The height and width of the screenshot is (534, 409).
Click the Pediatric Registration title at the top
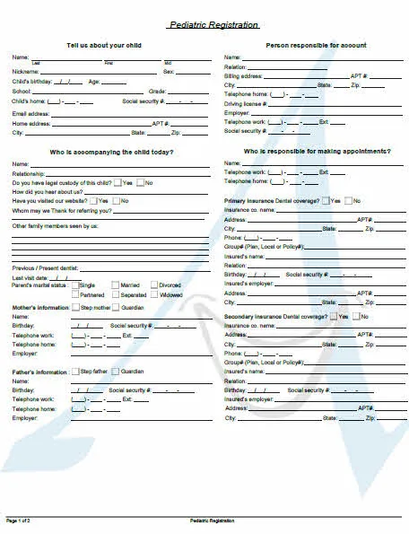tap(213, 25)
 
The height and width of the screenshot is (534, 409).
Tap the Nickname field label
tap(25, 71)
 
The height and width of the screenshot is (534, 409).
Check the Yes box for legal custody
tap(117, 183)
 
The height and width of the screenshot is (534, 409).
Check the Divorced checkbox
tap(153, 285)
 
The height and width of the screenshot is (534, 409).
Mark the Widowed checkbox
tap(153, 294)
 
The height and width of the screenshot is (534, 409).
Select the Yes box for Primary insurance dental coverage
tap(326, 201)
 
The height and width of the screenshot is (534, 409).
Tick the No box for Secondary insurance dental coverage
tap(357, 317)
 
